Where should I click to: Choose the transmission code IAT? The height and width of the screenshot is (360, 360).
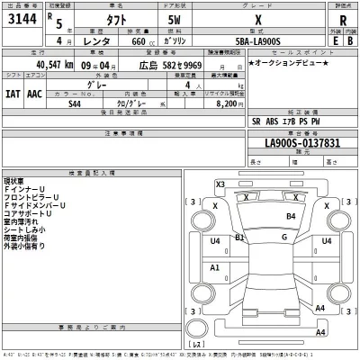click(x=12, y=93)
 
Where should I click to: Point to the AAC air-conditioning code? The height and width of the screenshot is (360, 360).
click(x=33, y=93)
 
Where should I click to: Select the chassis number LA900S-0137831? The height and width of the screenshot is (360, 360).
click(x=302, y=143)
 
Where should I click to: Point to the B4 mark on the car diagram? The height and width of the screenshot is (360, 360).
click(x=291, y=217)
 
